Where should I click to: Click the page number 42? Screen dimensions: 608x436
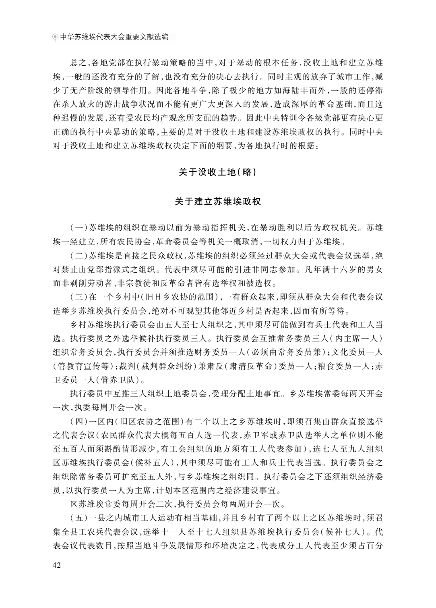tap(57, 565)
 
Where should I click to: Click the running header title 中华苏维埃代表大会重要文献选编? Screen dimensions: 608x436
tap(114, 37)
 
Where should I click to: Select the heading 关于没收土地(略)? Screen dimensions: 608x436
tap(218, 172)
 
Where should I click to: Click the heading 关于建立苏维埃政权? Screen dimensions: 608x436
tap(218, 201)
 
